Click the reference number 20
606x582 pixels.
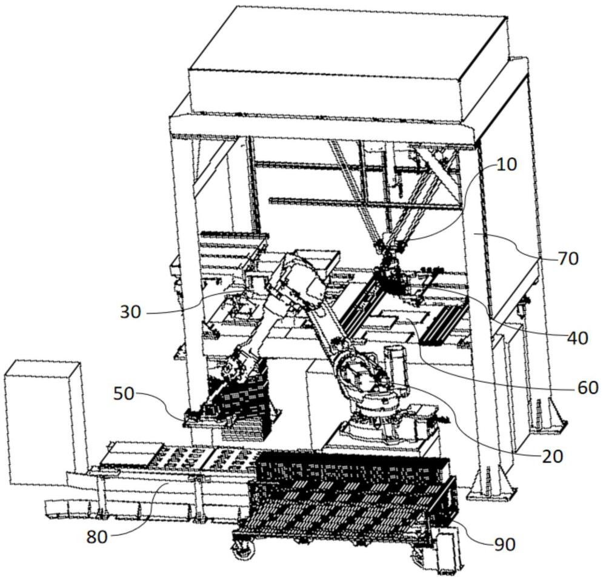pyautogui.click(x=551, y=456)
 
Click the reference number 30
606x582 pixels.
pyautogui.click(x=130, y=312)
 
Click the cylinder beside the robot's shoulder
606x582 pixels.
pyautogui.click(x=394, y=364)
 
